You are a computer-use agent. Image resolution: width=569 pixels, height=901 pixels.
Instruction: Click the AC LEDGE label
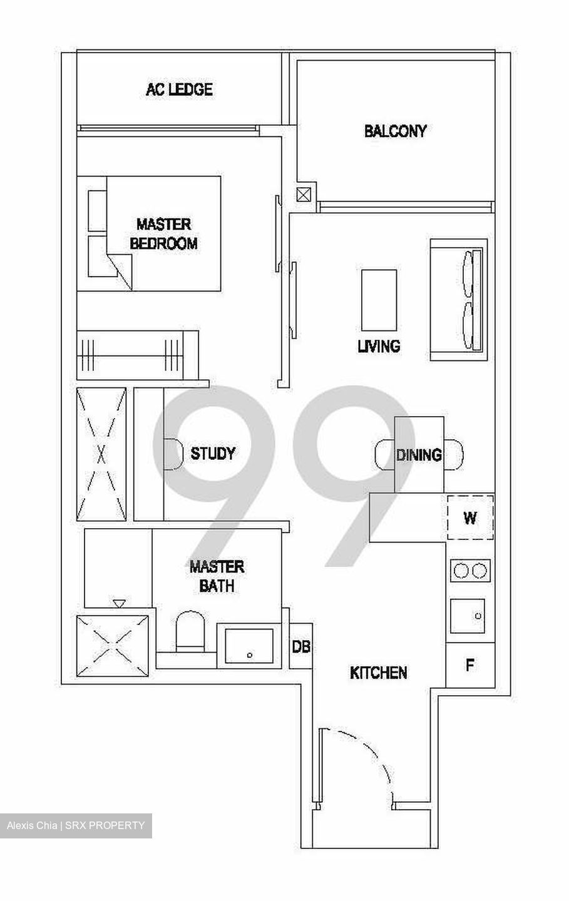click(179, 89)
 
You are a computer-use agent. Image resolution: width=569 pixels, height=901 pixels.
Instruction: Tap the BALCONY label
click(395, 131)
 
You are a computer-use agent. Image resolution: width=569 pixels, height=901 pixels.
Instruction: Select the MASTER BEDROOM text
click(163, 233)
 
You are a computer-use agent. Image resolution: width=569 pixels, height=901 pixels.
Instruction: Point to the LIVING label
click(379, 345)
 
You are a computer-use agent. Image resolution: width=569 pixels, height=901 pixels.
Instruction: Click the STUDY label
click(213, 453)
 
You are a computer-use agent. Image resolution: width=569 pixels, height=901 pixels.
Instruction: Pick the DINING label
click(419, 455)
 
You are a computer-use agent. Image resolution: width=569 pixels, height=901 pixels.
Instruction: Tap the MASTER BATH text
click(217, 576)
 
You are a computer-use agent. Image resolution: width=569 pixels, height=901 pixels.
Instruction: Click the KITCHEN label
click(379, 673)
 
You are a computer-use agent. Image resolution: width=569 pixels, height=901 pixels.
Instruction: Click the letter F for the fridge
click(469, 664)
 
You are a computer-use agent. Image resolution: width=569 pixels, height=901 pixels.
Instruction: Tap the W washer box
click(469, 518)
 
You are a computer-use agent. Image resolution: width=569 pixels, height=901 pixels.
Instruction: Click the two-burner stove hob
click(470, 571)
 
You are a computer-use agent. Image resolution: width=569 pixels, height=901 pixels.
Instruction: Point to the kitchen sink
click(468, 616)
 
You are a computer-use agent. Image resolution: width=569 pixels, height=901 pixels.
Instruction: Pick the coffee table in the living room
click(379, 300)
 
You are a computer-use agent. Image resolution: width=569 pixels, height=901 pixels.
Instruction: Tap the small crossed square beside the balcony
click(304, 195)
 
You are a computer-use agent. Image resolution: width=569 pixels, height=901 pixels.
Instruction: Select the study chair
click(171, 453)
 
